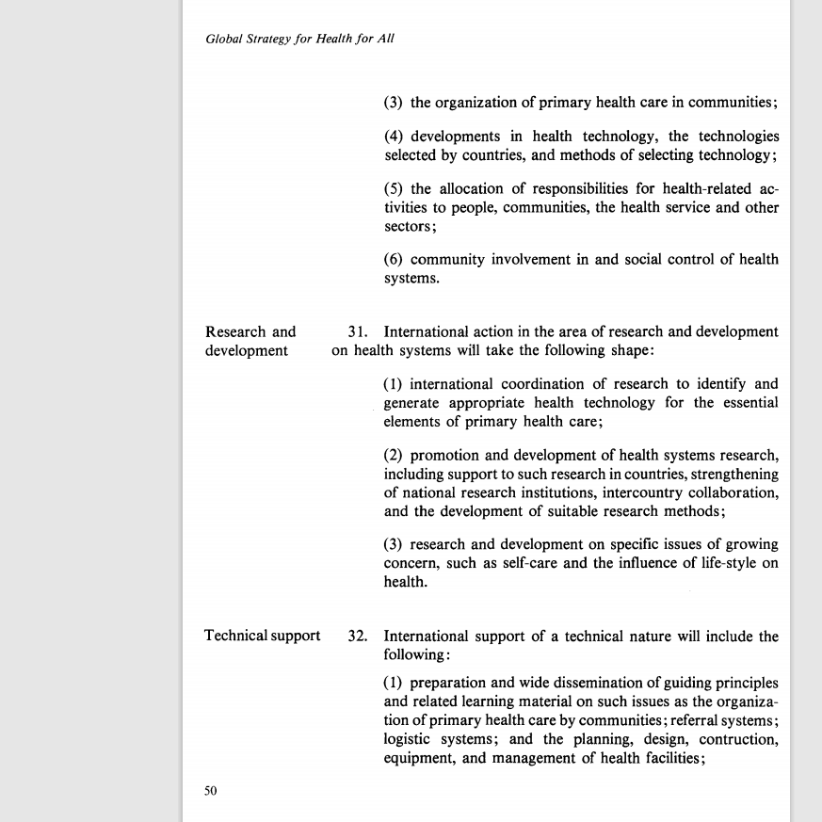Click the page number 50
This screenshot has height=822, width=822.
click(211, 791)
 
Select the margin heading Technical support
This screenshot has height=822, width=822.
click(263, 636)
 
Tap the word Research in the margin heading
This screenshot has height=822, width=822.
click(236, 331)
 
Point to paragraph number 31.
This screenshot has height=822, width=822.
click(356, 331)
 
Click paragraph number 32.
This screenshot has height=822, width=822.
click(357, 636)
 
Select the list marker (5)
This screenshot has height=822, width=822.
click(394, 189)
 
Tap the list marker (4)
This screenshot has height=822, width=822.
click(394, 137)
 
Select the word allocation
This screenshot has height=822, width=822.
click(480, 189)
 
